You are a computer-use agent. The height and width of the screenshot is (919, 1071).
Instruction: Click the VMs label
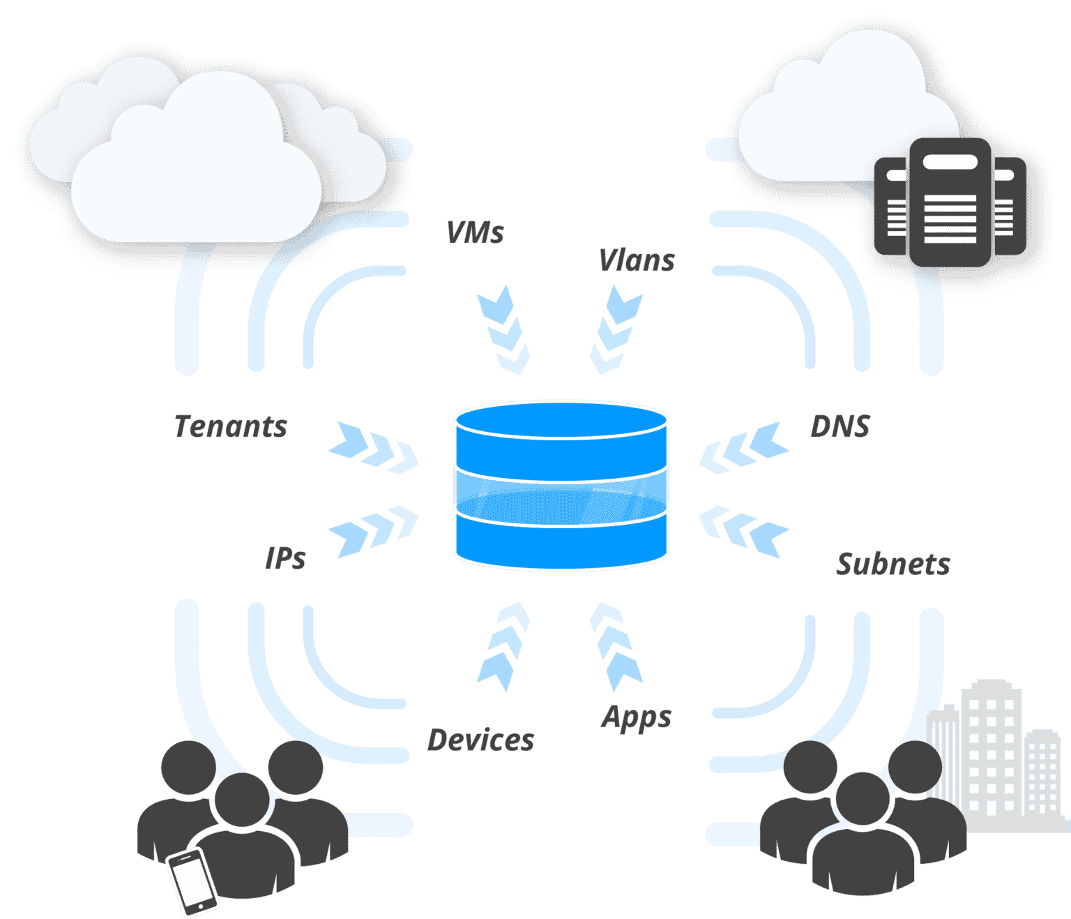tap(475, 232)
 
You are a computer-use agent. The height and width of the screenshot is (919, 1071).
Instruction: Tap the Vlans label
tap(637, 260)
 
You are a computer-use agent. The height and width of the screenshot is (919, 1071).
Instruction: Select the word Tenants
tap(231, 426)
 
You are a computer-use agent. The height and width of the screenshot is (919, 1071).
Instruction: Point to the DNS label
tap(840, 426)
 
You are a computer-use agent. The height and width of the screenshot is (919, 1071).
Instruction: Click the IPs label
tap(285, 558)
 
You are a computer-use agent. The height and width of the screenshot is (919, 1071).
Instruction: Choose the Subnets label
tap(893, 564)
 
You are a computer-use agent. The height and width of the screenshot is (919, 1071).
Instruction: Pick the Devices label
tap(480, 740)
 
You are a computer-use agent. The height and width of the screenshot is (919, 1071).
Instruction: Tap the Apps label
tap(636, 717)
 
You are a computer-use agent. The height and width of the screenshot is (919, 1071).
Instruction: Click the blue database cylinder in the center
tap(561, 485)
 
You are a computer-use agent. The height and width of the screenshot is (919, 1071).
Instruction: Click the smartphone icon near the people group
tap(192, 881)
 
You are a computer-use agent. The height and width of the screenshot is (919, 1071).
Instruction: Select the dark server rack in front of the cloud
tap(950, 202)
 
